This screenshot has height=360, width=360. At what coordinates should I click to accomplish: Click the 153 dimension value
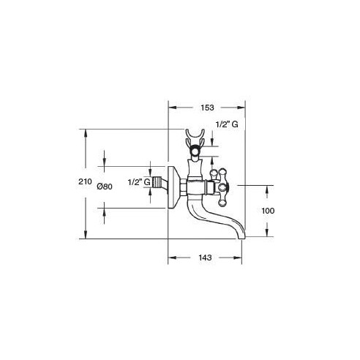click(x=207, y=108)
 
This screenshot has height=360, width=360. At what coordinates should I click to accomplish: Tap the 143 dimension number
click(x=205, y=258)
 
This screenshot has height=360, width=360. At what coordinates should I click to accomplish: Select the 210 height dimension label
click(x=85, y=181)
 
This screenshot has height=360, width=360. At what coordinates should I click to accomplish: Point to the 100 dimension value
click(x=268, y=211)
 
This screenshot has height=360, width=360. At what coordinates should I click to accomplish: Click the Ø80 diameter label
click(x=105, y=187)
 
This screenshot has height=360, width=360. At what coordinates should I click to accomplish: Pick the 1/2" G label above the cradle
click(x=227, y=124)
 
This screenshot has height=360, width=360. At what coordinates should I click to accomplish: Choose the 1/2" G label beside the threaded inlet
click(x=139, y=182)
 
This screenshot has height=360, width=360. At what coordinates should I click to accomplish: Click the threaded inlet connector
click(x=157, y=182)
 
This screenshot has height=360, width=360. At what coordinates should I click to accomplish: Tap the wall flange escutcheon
click(x=173, y=188)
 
